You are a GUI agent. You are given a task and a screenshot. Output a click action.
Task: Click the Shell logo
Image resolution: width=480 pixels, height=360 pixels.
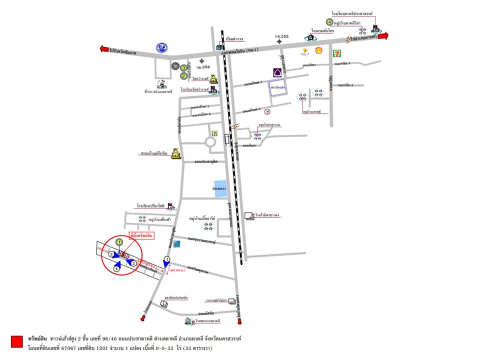318,50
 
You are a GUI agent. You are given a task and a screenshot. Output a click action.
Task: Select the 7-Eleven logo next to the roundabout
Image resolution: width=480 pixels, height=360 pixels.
214,133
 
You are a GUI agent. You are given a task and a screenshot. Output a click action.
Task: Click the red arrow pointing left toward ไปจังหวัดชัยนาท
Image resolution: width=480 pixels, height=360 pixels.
104,49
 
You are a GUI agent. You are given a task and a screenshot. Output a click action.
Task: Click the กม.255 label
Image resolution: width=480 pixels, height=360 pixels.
278,36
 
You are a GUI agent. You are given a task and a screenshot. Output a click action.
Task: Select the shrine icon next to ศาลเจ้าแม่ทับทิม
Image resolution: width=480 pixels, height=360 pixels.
175,153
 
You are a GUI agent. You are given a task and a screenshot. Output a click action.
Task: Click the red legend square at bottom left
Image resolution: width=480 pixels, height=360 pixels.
16,341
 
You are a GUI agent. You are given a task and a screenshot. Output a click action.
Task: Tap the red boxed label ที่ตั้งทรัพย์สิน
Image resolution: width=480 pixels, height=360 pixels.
141,234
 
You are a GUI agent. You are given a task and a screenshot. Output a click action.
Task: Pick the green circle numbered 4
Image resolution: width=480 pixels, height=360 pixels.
329,22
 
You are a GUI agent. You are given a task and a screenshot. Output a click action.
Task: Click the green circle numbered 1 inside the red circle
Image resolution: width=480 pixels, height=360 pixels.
119,242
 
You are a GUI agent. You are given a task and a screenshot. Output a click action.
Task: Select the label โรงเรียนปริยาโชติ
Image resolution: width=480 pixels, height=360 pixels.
150,205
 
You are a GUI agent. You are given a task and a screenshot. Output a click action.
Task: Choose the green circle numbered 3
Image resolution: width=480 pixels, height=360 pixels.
184,67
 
